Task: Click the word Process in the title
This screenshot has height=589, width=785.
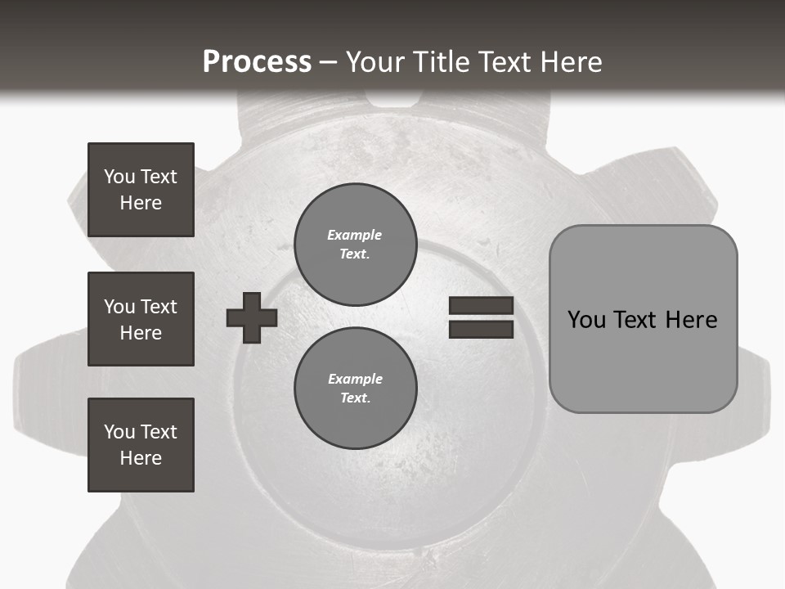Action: (257, 62)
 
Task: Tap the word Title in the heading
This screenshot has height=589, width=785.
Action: (437, 62)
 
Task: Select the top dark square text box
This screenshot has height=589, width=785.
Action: (141, 190)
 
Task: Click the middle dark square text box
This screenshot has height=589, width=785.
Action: (141, 319)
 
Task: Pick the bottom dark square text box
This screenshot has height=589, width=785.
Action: (141, 445)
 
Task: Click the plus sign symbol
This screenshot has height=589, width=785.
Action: (252, 317)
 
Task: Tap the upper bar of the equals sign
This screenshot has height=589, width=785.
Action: (481, 306)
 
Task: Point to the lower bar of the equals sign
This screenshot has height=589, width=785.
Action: (481, 329)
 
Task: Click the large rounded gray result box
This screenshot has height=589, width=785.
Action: (643, 360)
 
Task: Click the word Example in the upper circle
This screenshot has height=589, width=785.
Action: (354, 235)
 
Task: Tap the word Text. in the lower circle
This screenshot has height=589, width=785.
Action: (355, 398)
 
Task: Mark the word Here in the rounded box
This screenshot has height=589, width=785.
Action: (691, 320)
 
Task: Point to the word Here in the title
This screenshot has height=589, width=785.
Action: (573, 62)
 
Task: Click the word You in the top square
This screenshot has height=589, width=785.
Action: (119, 177)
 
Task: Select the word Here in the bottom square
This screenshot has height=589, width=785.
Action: (141, 458)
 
